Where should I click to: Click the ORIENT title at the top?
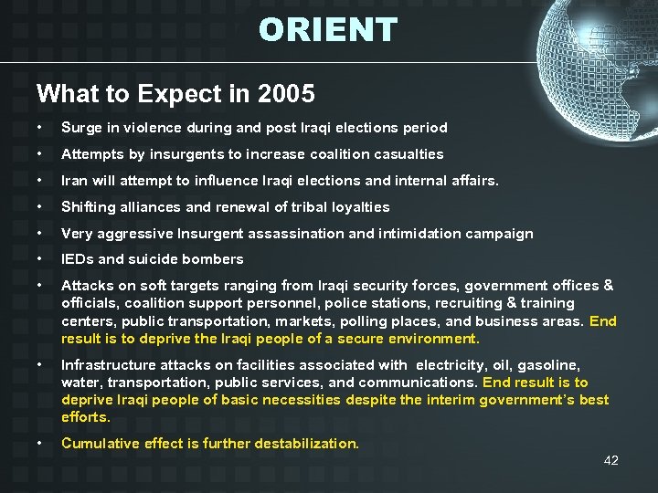pos(328,30)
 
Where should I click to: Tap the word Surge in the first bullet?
pos(80,128)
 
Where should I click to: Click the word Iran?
pos(74,181)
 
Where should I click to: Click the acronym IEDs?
pos(78,259)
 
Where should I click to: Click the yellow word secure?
pos(360,339)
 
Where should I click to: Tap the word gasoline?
pos(549,365)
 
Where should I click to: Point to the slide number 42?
pos(611,460)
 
